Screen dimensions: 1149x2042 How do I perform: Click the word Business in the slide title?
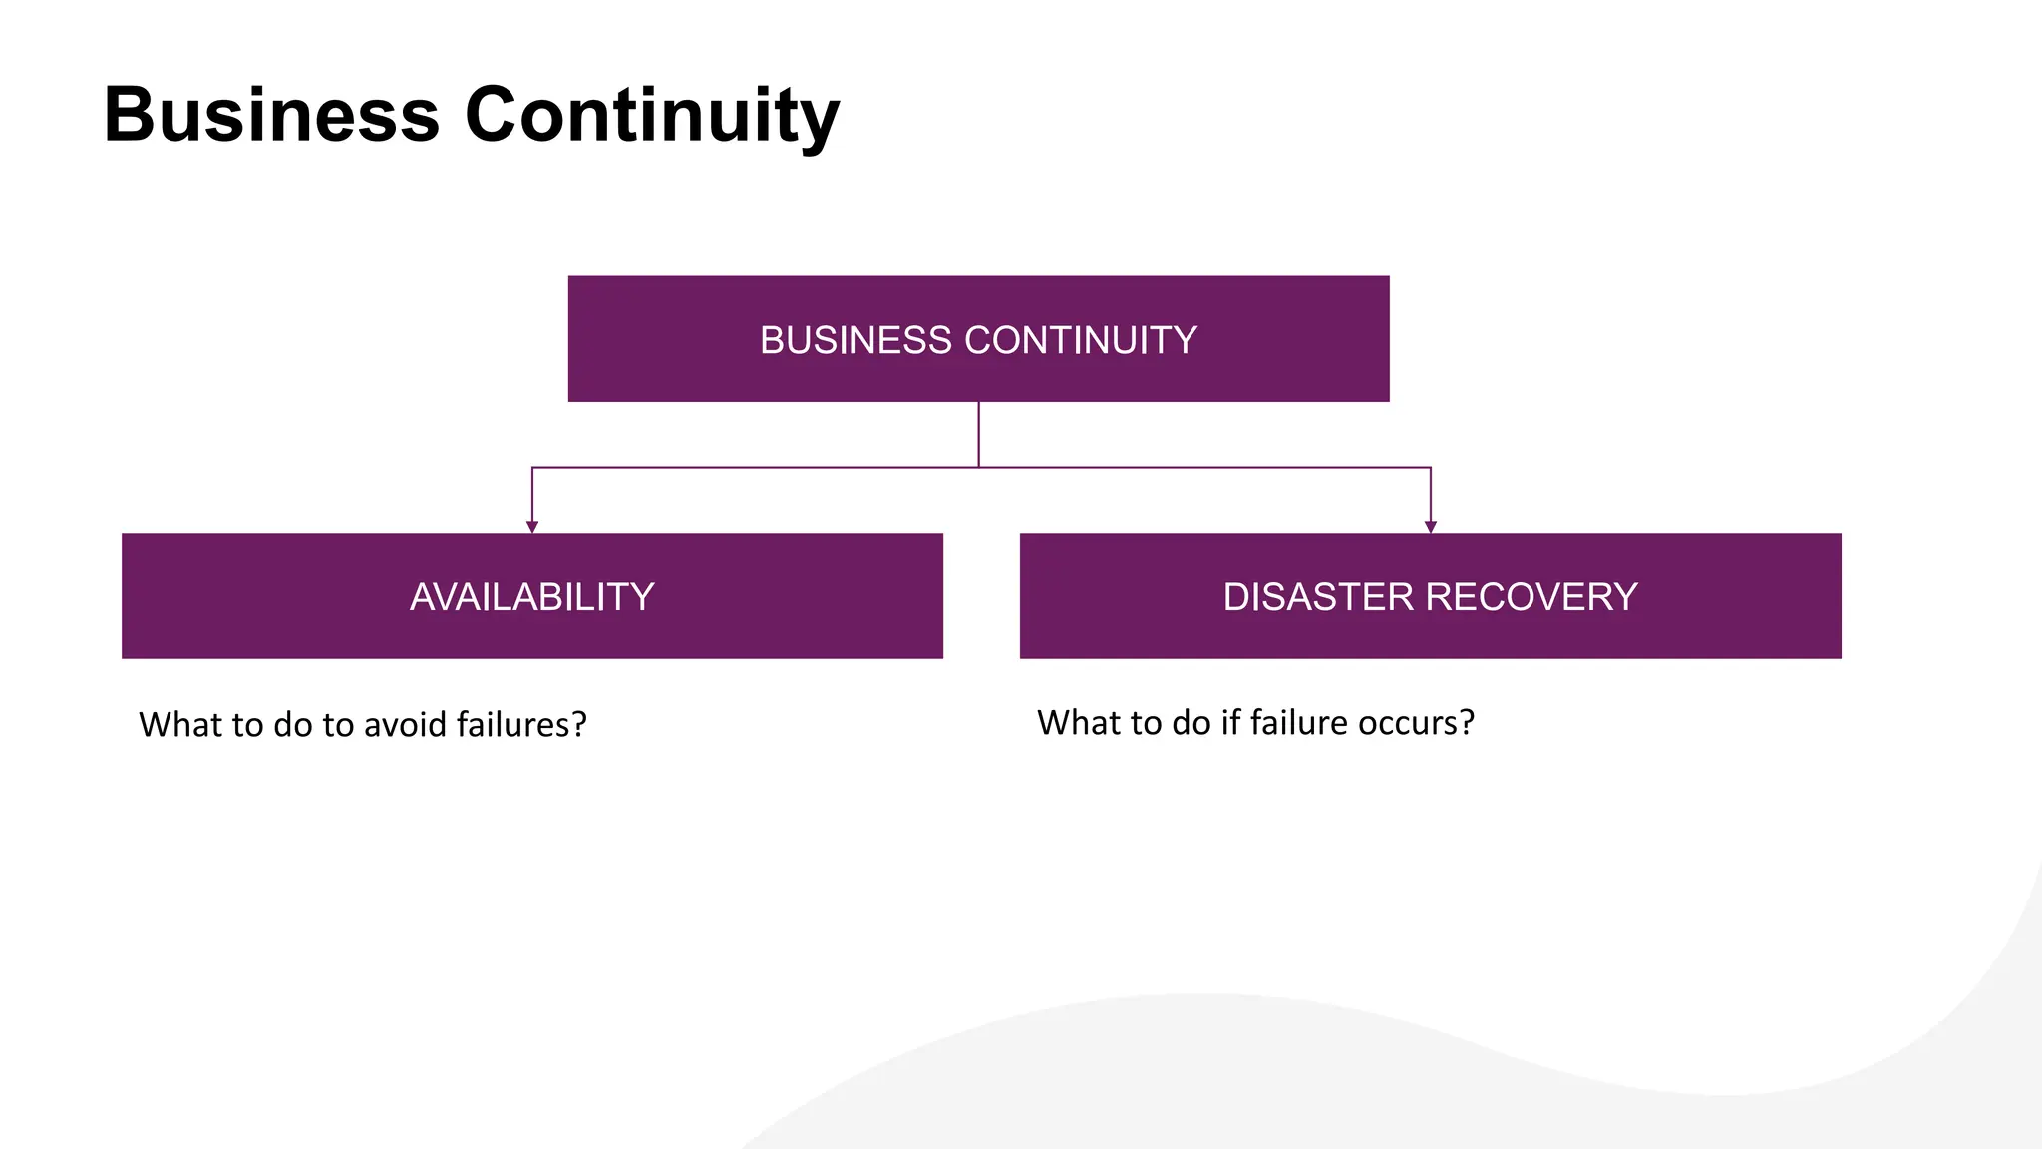271,115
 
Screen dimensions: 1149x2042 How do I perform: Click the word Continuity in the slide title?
652,115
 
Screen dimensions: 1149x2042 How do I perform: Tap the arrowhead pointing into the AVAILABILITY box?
532,527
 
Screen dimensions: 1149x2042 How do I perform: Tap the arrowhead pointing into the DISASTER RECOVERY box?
1431,527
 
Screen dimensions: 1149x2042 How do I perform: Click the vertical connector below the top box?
979,434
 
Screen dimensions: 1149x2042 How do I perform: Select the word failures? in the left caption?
521,725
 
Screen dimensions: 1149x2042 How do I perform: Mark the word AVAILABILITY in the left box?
532,597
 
